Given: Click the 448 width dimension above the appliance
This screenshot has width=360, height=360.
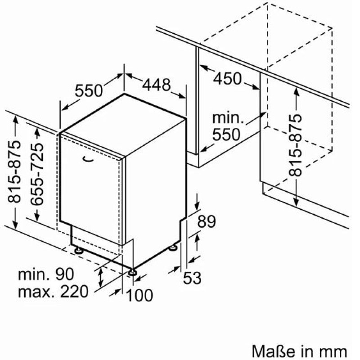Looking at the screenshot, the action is tap(157, 85).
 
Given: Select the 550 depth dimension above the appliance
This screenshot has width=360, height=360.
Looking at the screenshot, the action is tap(89, 90).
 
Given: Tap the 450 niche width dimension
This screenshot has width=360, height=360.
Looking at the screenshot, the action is tap(228, 78).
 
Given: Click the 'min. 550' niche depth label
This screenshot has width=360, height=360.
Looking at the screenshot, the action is tap(227, 126).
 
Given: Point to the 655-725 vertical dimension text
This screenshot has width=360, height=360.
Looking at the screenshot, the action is tap(37, 174).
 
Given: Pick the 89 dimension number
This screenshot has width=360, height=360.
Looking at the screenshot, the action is tap(207, 221).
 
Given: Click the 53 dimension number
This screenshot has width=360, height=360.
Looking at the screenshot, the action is tap(192, 278).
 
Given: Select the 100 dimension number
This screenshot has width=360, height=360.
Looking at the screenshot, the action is tap(139, 295).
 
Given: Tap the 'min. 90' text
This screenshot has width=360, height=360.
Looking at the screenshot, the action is tap(46, 274).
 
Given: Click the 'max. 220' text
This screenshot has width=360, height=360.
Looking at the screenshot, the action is tap(53, 292).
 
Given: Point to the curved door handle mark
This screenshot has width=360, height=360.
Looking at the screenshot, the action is tap(89, 159).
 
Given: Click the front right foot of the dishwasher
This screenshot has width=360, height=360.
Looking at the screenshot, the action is tap(132, 273).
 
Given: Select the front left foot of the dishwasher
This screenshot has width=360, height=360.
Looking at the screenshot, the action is tap(79, 250).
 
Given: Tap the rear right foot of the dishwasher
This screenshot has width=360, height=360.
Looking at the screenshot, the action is tap(173, 248).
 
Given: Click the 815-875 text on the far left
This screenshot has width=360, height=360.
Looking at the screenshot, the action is tap(14, 172).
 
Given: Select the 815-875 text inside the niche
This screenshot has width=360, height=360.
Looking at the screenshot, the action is tap(295, 145).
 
